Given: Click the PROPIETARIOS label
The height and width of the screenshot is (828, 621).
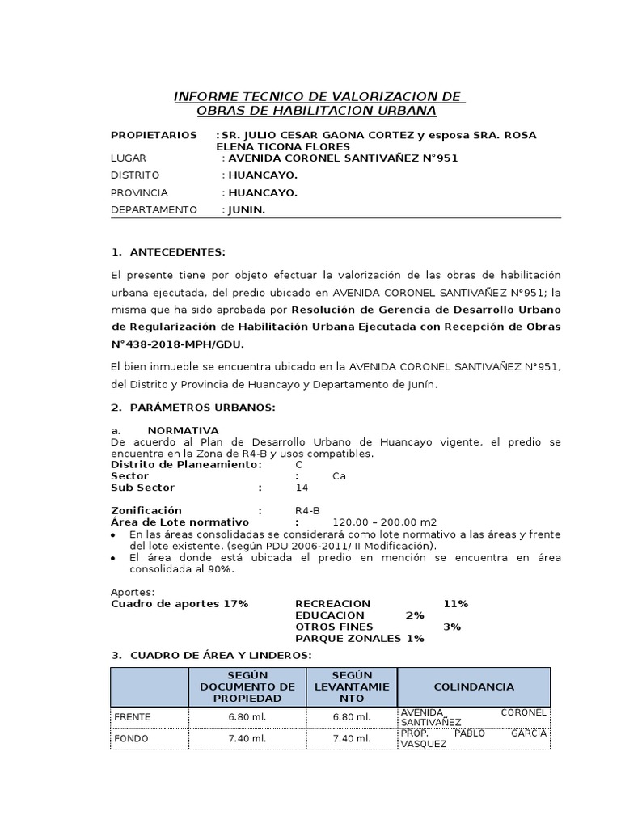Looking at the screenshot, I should point(154,135).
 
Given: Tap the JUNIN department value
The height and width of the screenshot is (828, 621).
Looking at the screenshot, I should point(247,210).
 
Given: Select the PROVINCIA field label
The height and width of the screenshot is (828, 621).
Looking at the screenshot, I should point(139,193).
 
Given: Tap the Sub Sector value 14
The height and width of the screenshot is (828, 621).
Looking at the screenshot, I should point(302,488).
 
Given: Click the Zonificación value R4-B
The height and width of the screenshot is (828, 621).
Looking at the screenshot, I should point(308,510).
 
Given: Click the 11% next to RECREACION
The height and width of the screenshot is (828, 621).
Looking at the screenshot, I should point(455,604).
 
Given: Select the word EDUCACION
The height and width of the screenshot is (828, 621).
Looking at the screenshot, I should point(330,615).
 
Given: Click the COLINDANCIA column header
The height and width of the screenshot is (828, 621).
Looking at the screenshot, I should point(474,686).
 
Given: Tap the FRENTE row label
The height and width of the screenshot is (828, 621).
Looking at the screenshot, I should point(133,717).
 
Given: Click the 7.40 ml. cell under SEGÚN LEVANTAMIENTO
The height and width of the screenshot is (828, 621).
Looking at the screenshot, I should point(352,738).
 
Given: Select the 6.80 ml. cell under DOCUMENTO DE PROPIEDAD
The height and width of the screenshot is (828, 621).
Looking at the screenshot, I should point(247,717).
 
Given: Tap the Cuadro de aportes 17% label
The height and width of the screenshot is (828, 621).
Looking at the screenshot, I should point(180,604).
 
